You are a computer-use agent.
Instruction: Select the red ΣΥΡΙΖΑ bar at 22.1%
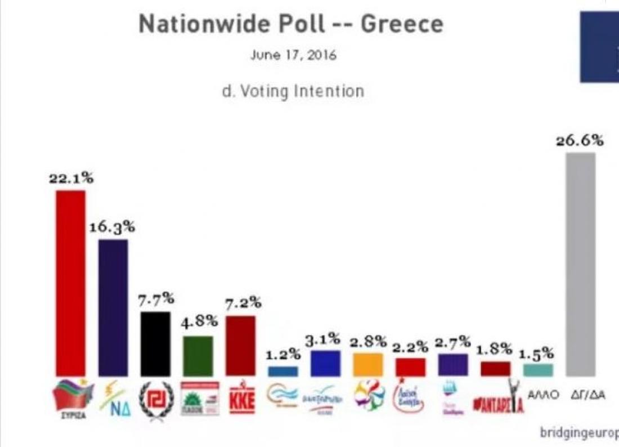(x=70, y=283)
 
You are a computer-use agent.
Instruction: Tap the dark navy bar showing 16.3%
(x=113, y=307)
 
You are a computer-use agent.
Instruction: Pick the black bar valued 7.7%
(x=155, y=344)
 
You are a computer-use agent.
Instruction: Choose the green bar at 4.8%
(x=198, y=356)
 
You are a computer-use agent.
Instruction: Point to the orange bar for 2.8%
(x=368, y=364)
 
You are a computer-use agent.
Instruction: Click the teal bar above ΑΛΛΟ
(x=538, y=369)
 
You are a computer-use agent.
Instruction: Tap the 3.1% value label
(x=326, y=339)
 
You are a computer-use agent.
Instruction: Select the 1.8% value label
(x=495, y=349)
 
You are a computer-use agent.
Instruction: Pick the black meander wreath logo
(x=156, y=399)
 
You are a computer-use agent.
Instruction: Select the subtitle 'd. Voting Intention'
(x=293, y=91)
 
